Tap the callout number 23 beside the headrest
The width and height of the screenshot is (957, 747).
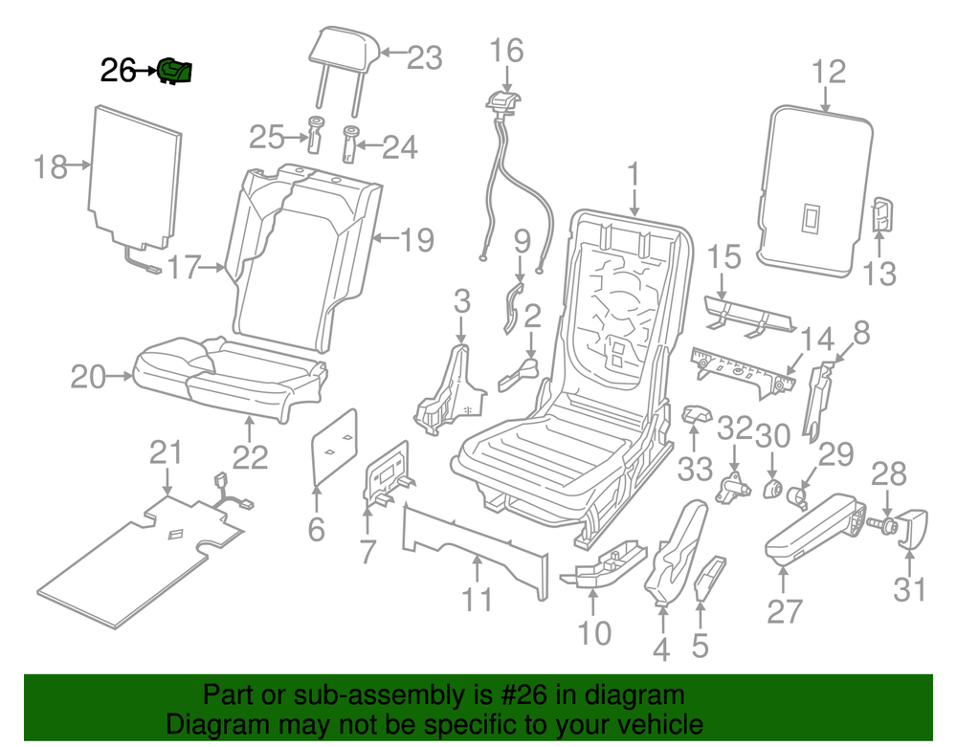424,58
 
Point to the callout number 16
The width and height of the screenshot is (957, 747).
506,50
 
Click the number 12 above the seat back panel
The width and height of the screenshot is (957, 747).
829,72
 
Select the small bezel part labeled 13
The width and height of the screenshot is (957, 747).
881,214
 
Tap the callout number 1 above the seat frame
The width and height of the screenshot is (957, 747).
634,174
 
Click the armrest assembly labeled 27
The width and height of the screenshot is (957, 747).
814,528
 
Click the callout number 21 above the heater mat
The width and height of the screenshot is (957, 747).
166,452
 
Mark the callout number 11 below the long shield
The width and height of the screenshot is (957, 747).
478,600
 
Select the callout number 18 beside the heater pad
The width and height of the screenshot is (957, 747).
50,166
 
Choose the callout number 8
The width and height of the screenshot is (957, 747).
861,333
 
